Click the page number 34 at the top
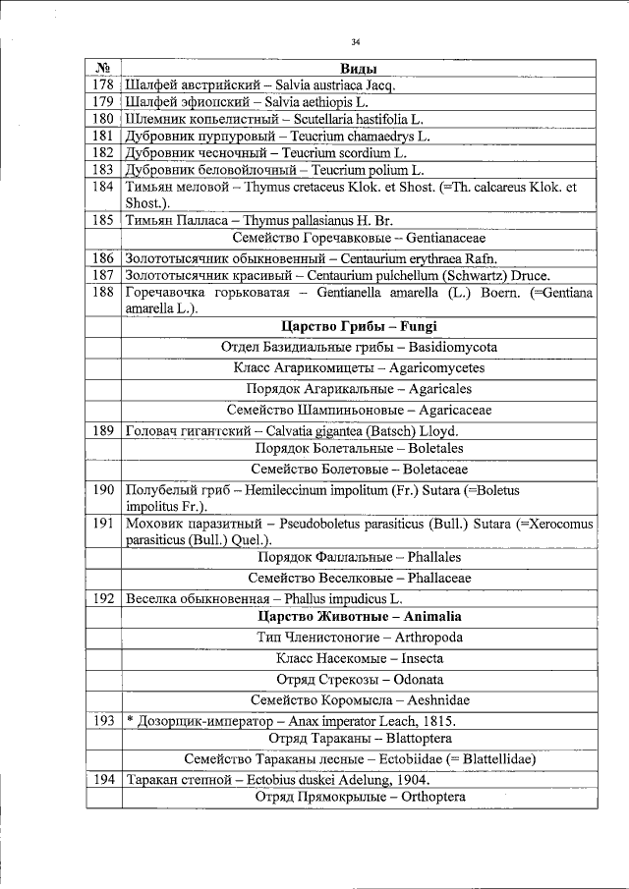coord(357,41)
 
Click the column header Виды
coord(359,69)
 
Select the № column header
coord(103,69)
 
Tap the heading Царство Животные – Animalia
coord(359,617)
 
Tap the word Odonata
coord(416,679)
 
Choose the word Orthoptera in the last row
coord(429,797)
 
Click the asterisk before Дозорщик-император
coord(129,721)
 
